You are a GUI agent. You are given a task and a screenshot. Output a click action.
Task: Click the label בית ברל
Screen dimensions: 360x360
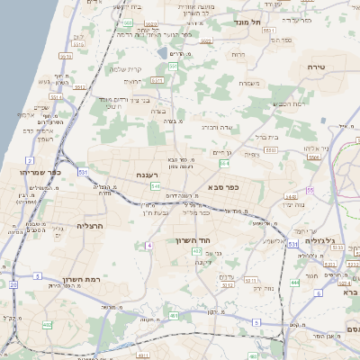pos(267,138)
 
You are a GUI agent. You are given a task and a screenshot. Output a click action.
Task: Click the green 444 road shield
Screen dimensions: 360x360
pos(295,283)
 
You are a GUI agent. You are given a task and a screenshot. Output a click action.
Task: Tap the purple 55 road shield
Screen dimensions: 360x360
pos(309,191)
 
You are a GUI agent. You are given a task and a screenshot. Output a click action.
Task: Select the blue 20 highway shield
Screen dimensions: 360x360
pos(13,284)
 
